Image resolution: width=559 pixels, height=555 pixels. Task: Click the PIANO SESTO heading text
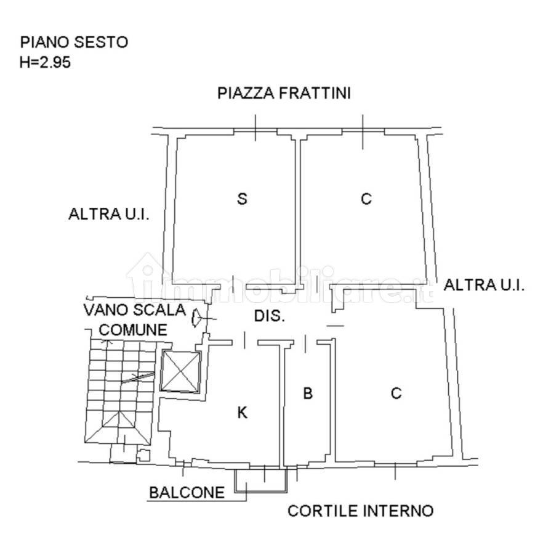[x=74, y=42]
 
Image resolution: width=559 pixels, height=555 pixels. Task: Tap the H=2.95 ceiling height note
[x=45, y=62]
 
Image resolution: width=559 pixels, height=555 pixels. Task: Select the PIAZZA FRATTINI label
[x=284, y=93]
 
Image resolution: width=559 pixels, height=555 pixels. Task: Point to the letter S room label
[x=242, y=199]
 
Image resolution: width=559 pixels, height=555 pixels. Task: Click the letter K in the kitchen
[x=243, y=413]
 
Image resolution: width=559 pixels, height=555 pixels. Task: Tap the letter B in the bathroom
[x=308, y=393]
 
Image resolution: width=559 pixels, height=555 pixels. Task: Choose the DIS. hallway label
[x=269, y=316]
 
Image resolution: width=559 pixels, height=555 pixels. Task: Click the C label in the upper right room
[x=366, y=199]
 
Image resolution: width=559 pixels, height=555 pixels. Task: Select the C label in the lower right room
[x=396, y=393]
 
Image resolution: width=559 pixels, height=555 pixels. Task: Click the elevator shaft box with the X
[x=181, y=371]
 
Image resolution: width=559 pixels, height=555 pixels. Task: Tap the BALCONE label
[x=187, y=493]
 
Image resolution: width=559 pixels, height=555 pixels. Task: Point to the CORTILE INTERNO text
[x=360, y=511]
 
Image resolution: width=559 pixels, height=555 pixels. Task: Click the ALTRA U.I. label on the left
[x=109, y=214]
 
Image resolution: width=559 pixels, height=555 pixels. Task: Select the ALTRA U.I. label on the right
[x=484, y=285]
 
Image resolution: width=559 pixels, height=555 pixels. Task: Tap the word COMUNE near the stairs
[x=133, y=330]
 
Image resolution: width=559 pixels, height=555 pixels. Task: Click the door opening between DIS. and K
[x=244, y=340]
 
